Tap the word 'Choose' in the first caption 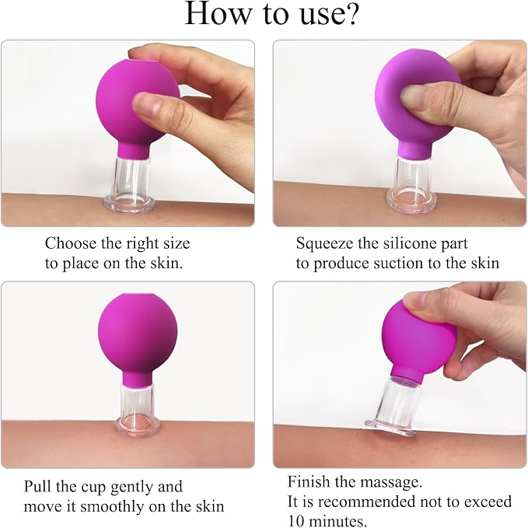click(71, 243)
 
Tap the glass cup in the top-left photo click(130, 186)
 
